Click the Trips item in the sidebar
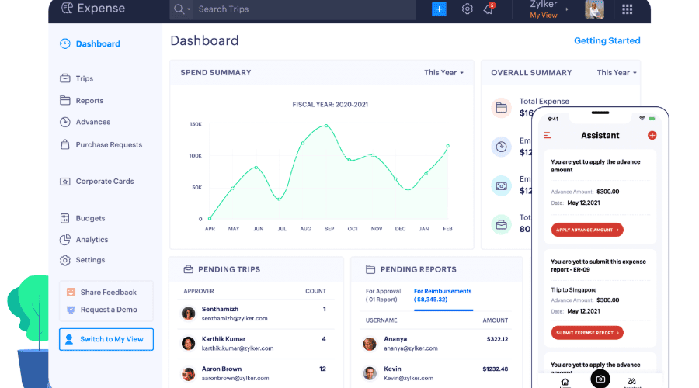tap(84, 78)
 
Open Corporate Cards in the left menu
tap(104, 182)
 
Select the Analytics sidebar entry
tap(92, 240)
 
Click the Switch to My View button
tap(106, 339)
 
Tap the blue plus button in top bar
tap(439, 9)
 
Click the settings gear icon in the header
tap(467, 9)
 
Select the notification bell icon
tap(489, 9)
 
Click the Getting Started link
tap(607, 41)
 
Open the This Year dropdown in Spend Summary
tap(443, 73)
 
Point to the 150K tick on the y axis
tap(196, 124)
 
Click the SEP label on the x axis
tap(329, 229)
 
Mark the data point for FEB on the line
tap(447, 146)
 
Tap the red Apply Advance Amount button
tap(587, 230)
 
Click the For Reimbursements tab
tap(443, 295)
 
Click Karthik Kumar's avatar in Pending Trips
tap(188, 343)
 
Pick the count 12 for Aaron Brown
tap(322, 369)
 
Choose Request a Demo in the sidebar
tap(109, 310)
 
